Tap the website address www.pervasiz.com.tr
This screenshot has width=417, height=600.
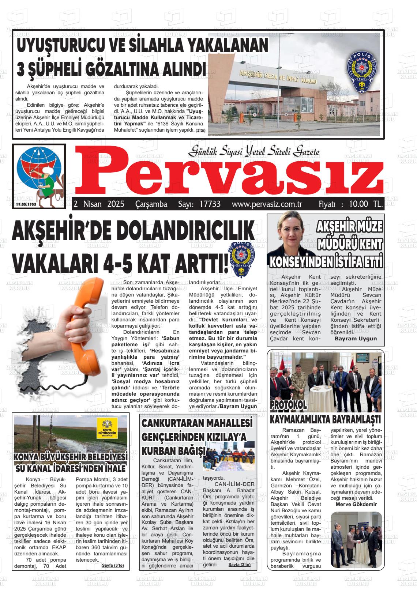point(267,204)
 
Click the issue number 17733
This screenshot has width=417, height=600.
point(210,204)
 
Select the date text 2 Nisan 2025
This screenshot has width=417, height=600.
point(99,204)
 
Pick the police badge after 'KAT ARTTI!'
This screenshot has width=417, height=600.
point(241,259)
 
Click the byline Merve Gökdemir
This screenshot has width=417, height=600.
point(356,504)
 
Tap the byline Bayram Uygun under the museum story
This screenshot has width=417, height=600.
point(356,339)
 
